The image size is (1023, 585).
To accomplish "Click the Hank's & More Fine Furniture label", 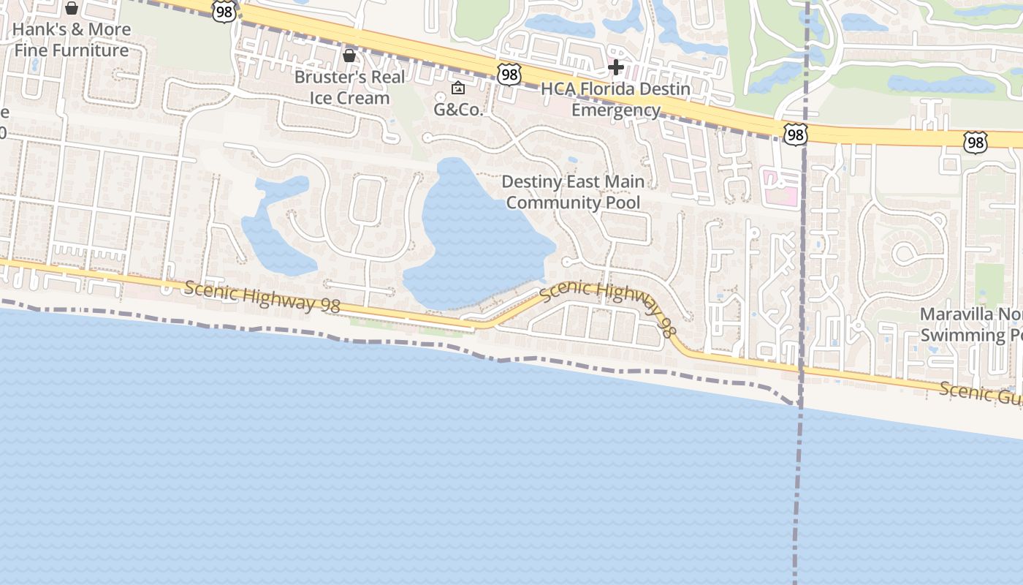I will (72, 40).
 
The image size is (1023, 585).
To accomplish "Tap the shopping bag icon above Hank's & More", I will (72, 8).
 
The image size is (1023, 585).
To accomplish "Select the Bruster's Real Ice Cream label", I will (349, 87).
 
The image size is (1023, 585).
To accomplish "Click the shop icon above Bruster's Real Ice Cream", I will (349, 56).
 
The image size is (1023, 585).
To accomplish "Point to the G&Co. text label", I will (458, 110).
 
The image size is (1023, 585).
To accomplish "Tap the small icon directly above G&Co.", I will (458, 88).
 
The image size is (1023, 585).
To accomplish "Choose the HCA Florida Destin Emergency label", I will (615, 99).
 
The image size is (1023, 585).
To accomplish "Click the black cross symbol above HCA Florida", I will (616, 68).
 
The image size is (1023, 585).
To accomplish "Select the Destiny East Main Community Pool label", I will (574, 192).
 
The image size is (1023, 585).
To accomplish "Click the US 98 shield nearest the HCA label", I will (509, 74).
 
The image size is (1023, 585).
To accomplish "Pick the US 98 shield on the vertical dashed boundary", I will (796, 134).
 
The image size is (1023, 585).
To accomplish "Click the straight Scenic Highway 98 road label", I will (262, 297).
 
